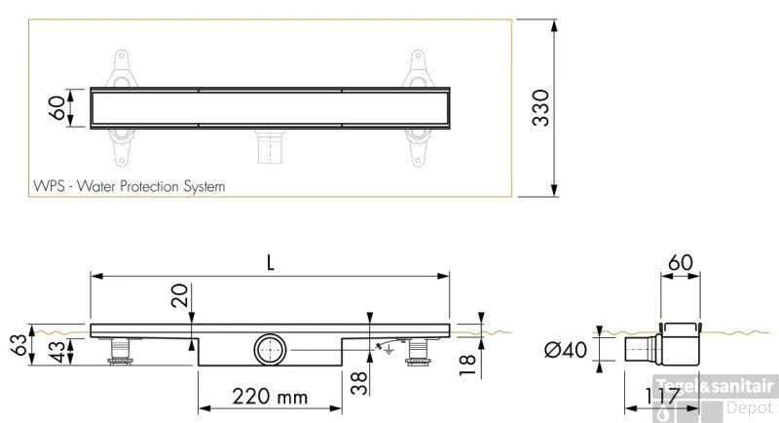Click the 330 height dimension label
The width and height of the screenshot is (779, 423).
(x=541, y=107)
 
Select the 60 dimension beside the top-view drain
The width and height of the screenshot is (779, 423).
(x=58, y=107)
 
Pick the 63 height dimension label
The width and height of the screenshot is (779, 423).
(x=17, y=345)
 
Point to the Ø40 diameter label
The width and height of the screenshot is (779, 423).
(x=573, y=349)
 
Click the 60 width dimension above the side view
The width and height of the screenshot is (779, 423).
(x=681, y=262)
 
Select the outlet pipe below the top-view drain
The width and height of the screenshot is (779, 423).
(x=267, y=147)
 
